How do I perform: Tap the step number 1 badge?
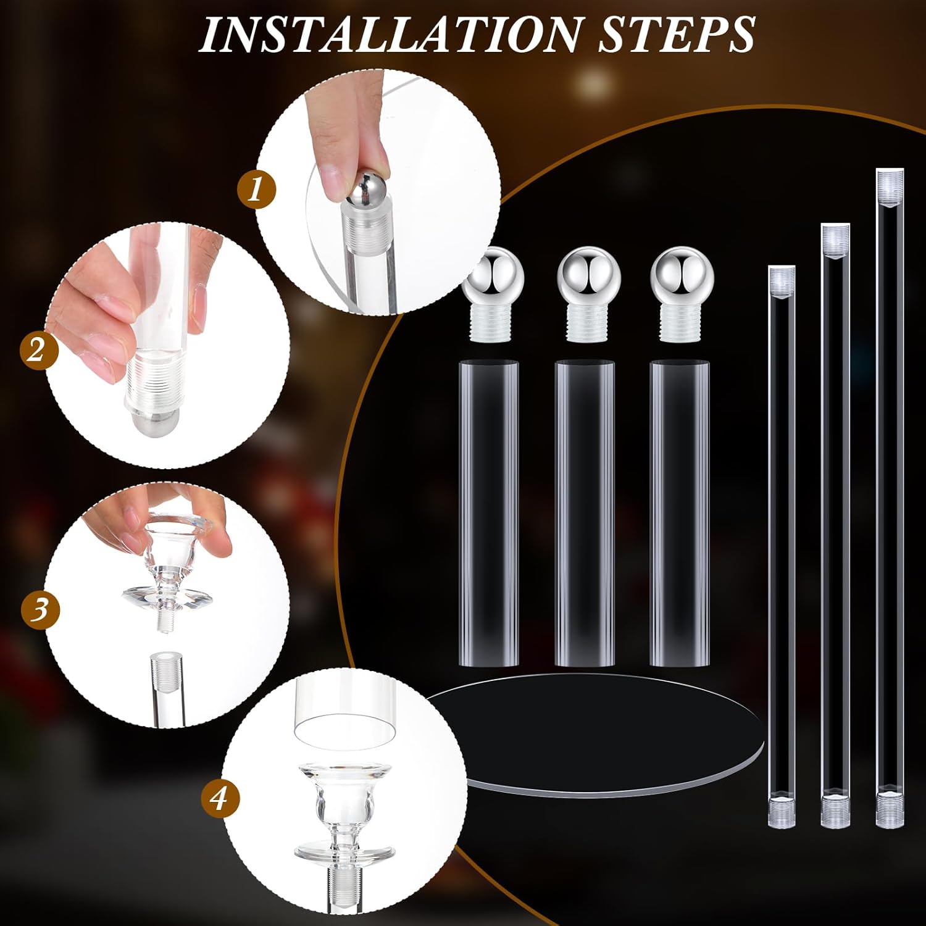tap(256, 189)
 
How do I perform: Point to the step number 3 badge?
tap(40, 609)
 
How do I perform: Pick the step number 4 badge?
tap(219, 799)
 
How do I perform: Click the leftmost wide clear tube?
tap(488, 512)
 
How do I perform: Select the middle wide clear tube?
tap(585, 512)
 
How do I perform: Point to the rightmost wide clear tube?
tap(680, 512)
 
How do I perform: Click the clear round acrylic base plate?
tap(593, 735)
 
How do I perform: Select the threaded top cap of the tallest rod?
tap(890, 180)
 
